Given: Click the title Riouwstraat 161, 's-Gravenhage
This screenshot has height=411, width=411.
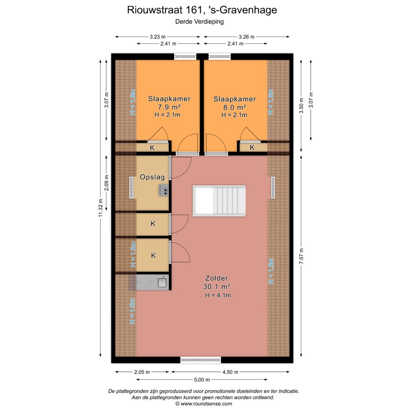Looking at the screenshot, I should (202, 10).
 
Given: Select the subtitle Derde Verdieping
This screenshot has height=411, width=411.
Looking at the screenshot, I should (199, 22).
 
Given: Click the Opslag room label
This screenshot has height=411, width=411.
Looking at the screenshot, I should (152, 177).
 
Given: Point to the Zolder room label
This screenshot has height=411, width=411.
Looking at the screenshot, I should (217, 279).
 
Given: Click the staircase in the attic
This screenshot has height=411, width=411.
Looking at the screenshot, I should (219, 201).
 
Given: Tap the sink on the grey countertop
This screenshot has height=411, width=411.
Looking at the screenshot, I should (162, 282).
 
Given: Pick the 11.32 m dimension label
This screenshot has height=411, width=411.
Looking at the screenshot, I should (100, 208).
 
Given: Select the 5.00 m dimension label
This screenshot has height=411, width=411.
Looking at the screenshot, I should (202, 379).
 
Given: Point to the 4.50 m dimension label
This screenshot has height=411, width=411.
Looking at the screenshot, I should (230, 372).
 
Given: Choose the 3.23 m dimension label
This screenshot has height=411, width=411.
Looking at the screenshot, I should (158, 37).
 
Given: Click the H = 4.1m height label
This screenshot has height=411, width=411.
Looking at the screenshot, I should (218, 295).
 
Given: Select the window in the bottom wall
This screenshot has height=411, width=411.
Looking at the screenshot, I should (201, 360).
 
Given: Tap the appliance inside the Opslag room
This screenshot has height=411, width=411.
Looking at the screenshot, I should (164, 190).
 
